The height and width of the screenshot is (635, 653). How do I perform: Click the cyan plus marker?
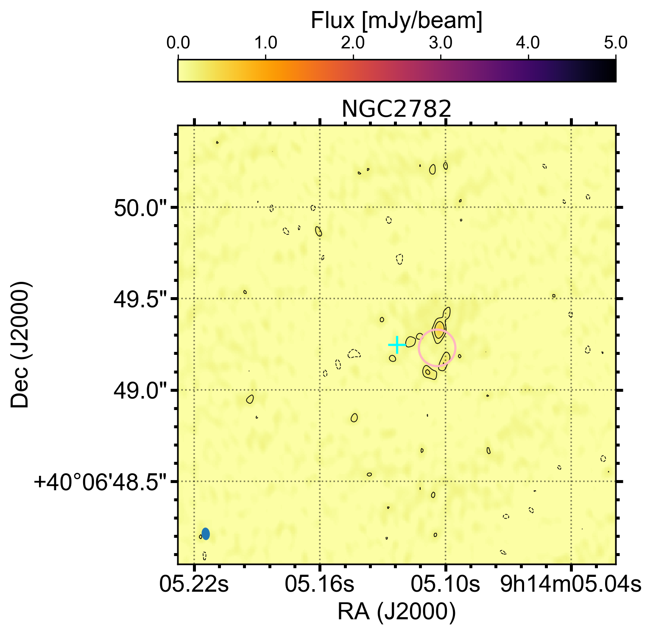coord(397,345)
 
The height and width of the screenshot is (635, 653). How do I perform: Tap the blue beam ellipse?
coord(206,534)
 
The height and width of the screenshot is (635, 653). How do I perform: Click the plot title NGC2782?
coord(396,109)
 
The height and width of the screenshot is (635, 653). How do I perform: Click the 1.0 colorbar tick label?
coord(265,43)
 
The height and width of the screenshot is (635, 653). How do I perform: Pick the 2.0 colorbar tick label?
coord(353,43)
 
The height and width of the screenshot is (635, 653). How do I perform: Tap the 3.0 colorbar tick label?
coord(441,43)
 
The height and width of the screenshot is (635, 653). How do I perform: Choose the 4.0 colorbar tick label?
coord(528,43)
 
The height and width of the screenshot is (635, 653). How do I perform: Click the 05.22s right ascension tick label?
coord(194,584)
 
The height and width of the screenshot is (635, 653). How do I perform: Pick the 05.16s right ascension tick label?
coord(320,584)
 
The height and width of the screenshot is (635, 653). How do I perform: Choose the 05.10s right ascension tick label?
coord(445,584)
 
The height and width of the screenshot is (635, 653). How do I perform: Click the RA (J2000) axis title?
coord(396,612)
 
